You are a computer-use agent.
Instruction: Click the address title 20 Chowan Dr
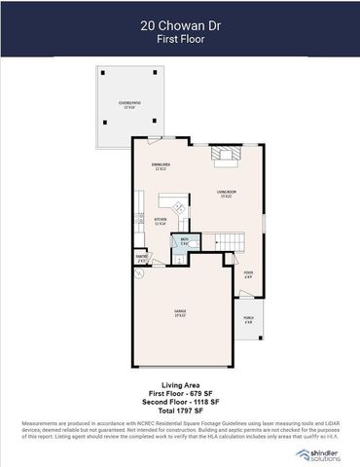pyautogui.click(x=179, y=28)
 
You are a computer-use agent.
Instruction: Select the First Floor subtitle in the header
pyautogui.click(x=179, y=41)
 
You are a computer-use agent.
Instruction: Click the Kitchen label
pyautogui.click(x=161, y=223)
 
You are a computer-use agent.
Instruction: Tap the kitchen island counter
pyautogui.click(x=177, y=207)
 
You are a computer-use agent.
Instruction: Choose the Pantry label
pyautogui.click(x=142, y=260)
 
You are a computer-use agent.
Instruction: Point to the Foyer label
pyautogui.click(x=248, y=275)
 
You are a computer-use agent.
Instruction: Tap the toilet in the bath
pyautogui.click(x=179, y=257)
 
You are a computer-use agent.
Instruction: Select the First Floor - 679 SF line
pyautogui.click(x=179, y=394)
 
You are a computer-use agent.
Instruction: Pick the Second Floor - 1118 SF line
pyautogui.click(x=179, y=403)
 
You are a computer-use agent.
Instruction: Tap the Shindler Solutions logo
pyautogui.click(x=320, y=454)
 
